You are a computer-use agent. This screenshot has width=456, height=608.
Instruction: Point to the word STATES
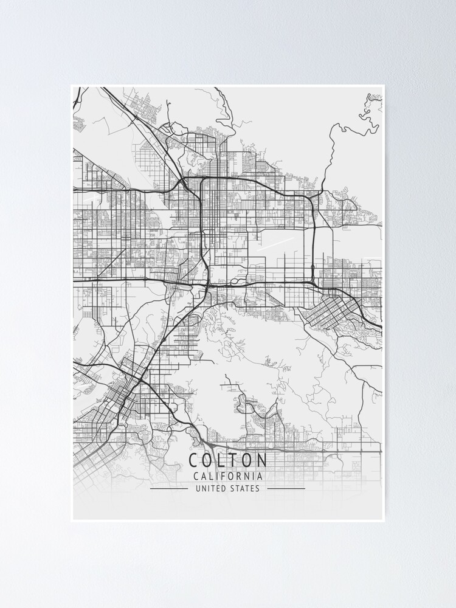click(245, 488)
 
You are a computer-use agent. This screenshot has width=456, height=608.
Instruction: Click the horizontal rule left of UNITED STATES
click(168, 488)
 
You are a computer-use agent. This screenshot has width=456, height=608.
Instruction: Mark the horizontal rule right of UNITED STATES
click(286, 488)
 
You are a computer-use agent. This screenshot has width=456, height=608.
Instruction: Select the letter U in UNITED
click(198, 488)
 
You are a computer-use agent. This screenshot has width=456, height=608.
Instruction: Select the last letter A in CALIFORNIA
click(260, 477)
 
